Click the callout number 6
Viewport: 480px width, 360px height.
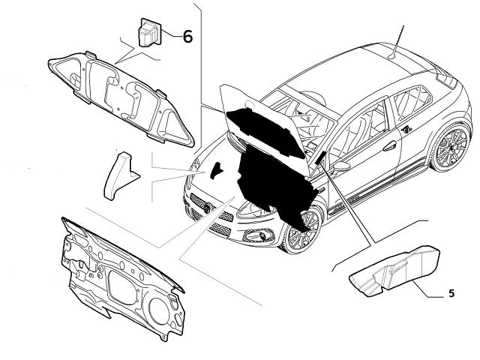(187, 35)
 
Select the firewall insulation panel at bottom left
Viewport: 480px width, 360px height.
(124, 272)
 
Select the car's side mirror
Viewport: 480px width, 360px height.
(343, 165)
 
